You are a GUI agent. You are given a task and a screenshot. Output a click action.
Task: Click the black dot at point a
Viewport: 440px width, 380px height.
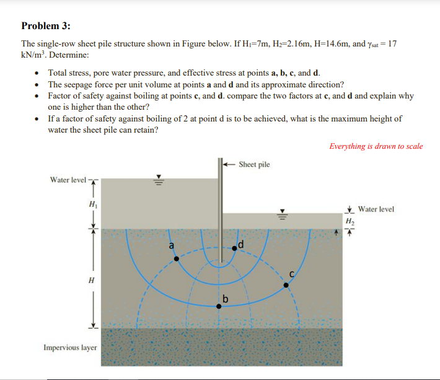pos(176,258)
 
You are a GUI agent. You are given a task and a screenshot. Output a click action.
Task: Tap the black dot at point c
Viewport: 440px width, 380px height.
pos(286,285)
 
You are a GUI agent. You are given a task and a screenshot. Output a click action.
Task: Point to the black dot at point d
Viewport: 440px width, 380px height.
pos(234,248)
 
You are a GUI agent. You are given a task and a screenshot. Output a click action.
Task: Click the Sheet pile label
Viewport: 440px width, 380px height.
pos(254,164)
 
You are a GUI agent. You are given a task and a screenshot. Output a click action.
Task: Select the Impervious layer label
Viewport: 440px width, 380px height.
pos(70,347)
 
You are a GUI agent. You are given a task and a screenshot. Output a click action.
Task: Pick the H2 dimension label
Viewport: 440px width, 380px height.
pos(350,221)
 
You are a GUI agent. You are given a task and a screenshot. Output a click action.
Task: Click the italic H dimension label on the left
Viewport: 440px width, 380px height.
pos(92,280)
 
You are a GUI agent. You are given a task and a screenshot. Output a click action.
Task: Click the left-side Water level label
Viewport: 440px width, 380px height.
pos(68,180)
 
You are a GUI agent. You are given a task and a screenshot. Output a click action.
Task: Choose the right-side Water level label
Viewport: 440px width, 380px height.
pos(376,210)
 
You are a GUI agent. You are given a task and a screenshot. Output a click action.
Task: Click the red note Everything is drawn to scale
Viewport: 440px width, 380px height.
pos(376,146)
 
